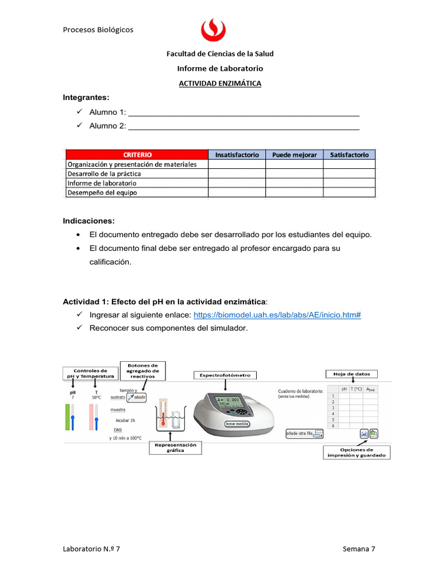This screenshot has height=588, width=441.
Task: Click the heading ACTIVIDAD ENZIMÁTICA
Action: pos(220,83)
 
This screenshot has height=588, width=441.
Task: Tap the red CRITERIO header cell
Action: pos(137,154)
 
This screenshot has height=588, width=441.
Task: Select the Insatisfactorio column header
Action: pos(237,154)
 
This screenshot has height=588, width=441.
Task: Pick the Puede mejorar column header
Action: pos(294,154)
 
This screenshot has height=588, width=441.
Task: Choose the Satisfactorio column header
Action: pos(349,154)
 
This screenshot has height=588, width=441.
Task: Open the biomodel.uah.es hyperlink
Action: pos(277,315)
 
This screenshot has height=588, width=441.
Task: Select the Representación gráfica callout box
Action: pos(175,448)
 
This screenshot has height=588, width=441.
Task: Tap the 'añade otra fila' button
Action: pos(303,434)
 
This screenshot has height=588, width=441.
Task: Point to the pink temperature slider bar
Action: pos(93,416)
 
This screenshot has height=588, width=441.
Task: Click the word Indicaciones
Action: pos(89,221)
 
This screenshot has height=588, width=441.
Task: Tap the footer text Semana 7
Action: pos(359,549)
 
